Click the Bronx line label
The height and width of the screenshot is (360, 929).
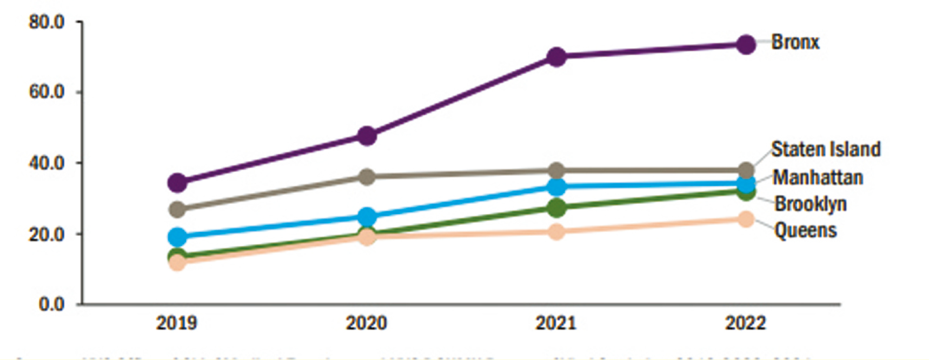pyautogui.click(x=795, y=42)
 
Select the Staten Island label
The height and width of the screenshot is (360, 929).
pyautogui.click(x=826, y=149)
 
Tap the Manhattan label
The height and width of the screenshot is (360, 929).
pyautogui.click(x=818, y=177)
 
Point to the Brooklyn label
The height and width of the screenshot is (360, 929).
pyautogui.click(x=811, y=204)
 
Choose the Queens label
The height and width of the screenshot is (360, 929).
pyautogui.click(x=805, y=230)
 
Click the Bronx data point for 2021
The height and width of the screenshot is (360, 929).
pyautogui.click(x=556, y=56)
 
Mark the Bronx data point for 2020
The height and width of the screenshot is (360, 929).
pyautogui.click(x=367, y=135)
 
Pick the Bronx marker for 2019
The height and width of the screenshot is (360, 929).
pyautogui.click(x=177, y=183)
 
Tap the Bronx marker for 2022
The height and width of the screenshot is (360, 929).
pyautogui.click(x=746, y=44)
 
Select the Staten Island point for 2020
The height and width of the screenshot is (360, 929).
pyautogui.click(x=367, y=176)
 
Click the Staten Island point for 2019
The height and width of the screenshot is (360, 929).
pyautogui.click(x=177, y=209)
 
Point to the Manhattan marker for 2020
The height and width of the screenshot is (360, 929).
pyautogui.click(x=367, y=217)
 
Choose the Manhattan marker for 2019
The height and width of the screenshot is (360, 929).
pyautogui.click(x=177, y=236)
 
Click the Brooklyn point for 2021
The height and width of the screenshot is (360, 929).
pyautogui.click(x=556, y=207)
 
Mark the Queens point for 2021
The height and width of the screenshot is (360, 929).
pyautogui.click(x=556, y=231)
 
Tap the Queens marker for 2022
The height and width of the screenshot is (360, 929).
pyautogui.click(x=746, y=219)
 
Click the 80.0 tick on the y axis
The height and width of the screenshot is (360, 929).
pyautogui.click(x=47, y=22)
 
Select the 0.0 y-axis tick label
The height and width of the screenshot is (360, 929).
pyautogui.click(x=51, y=304)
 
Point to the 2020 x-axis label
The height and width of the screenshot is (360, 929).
pyautogui.click(x=367, y=323)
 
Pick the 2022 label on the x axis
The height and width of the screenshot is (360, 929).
pyautogui.click(x=746, y=323)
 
